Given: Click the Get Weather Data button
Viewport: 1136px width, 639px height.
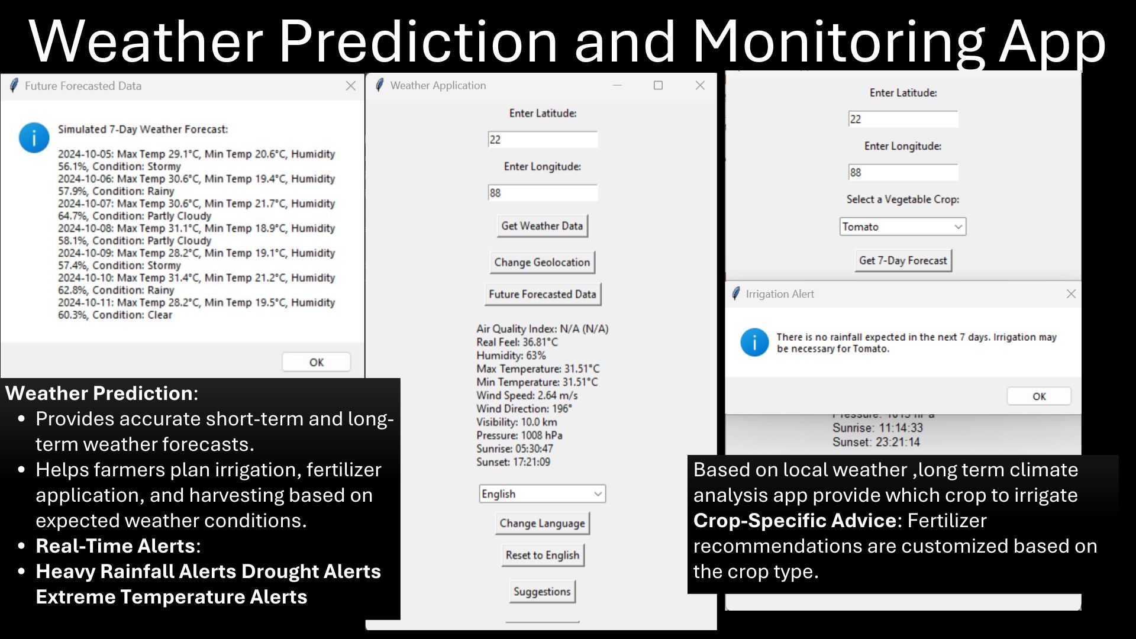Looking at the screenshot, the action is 542,226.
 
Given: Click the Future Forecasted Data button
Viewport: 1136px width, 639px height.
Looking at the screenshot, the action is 543,294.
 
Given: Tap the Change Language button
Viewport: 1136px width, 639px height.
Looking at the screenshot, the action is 543,523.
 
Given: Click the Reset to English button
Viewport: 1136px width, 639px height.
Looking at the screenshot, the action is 543,555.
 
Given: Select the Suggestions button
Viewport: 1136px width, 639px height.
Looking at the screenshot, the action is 542,592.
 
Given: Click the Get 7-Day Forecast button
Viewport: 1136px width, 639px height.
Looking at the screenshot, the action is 903,260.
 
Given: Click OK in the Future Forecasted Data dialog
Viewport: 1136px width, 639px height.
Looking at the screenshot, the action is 317,362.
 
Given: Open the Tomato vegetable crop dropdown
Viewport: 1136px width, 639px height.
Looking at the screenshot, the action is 903,227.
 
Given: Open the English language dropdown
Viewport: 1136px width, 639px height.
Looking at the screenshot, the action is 543,493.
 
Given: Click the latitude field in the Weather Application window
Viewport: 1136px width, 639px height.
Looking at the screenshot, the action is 543,140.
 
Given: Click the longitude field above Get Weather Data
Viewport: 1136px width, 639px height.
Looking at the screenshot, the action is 543,193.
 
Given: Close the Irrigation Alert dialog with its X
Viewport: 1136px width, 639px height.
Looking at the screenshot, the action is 1071,294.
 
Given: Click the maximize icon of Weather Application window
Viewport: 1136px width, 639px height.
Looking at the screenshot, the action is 658,85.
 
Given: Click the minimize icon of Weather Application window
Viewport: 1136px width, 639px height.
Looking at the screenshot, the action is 617,85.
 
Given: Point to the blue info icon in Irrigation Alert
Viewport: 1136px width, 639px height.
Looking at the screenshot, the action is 754,343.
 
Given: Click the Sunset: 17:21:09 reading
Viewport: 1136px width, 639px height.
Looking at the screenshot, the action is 514,462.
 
